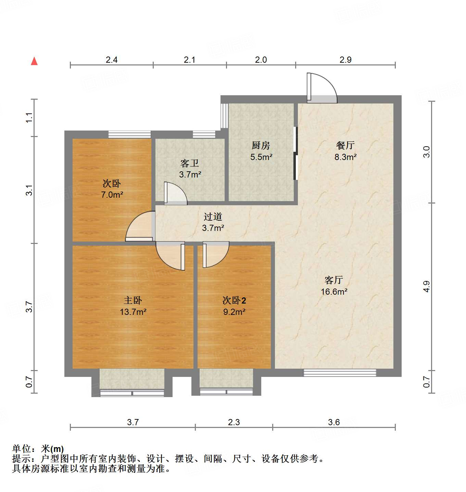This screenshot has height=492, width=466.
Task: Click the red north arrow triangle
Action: pos(34,61)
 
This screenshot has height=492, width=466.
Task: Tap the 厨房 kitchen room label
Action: pos(261,146)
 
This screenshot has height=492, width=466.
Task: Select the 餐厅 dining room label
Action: pos(345,146)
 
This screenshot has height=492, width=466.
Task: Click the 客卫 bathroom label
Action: pos(190,163)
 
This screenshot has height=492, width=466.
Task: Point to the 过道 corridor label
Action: pos(213,217)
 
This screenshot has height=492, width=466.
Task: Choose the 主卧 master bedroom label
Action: pos(133,300)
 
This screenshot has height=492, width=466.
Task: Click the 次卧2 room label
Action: pos(234,300)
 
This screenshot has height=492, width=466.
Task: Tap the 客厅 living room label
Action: pos(334,280)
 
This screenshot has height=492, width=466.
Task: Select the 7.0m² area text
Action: pos(112,195)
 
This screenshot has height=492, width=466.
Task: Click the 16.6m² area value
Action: pos(334,292)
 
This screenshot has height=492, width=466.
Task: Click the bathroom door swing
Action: pos(175,194)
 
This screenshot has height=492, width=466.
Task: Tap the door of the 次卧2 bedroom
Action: pos(215,255)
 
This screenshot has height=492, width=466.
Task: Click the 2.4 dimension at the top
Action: pos(112,60)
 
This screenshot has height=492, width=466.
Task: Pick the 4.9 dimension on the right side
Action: pos(426,286)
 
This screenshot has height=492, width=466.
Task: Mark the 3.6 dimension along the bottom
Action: pos(334,422)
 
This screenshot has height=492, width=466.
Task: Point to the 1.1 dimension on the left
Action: pos(30,118)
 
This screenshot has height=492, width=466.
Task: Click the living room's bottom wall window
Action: pos(340,373)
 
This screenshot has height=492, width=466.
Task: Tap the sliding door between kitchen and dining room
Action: pos(296,153)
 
